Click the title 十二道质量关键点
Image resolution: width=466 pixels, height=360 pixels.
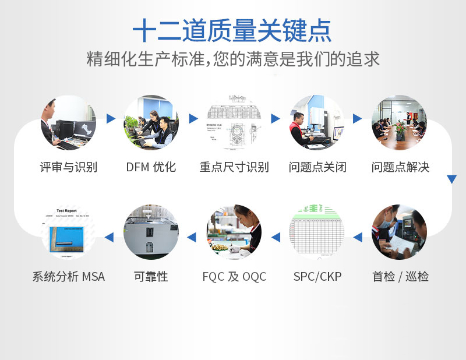[232, 30]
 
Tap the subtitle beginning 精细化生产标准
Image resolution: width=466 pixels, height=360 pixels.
[233, 59]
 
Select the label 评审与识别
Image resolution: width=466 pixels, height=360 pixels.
[68, 167]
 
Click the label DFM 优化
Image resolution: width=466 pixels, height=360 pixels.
[151, 167]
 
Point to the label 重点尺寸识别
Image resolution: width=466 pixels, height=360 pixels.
[234, 167]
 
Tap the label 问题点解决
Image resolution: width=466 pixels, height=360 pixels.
[400, 167]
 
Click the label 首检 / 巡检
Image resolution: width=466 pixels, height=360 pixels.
[400, 276]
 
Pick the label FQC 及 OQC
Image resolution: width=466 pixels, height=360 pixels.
[234, 276]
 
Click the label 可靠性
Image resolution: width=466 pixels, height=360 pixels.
[151, 276]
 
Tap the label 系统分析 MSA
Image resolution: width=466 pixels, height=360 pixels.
[69, 276]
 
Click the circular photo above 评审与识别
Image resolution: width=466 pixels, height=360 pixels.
[68, 123]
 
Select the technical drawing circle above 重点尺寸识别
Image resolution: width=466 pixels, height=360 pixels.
[234, 123]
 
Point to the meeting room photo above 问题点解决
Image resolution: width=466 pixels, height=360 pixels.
[400, 123]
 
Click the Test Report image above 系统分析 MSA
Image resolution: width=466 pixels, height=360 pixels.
[68, 232]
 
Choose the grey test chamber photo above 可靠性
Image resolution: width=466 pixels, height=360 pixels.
[151, 232]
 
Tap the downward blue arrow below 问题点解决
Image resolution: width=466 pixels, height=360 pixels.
[451, 179]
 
